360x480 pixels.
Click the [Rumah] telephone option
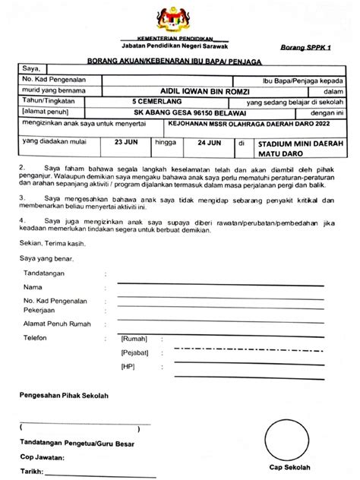pyautogui.click(x=134, y=339)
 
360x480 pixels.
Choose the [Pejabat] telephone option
pyautogui.click(x=134, y=353)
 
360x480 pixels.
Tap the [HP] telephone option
pyautogui.click(x=128, y=367)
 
